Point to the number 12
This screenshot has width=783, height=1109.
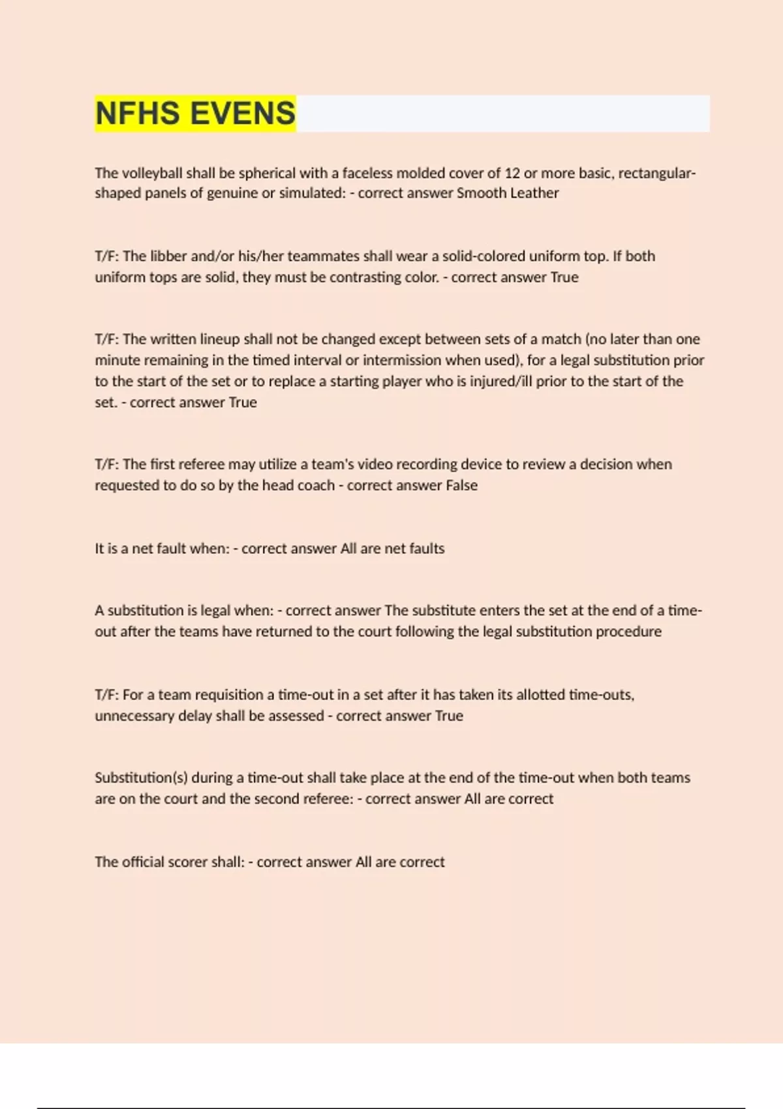click(512, 173)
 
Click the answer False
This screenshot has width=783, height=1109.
click(461, 485)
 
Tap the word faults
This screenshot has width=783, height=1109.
click(427, 549)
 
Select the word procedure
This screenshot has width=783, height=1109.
click(631, 631)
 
